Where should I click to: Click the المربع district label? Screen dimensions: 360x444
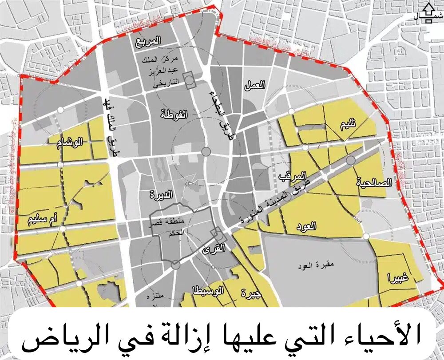pyautogui.click(x=148, y=41)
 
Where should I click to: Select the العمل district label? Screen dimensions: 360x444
pyautogui.click(x=254, y=85)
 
